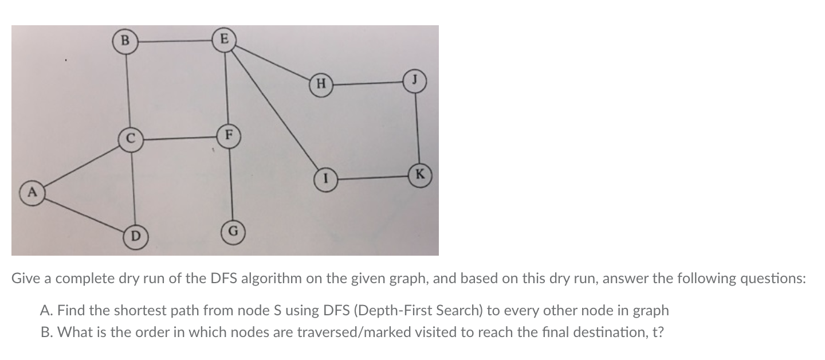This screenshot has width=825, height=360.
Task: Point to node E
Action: pos(224,40)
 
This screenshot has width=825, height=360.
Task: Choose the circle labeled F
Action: pos(229,136)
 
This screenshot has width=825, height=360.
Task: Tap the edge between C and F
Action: pos(179,138)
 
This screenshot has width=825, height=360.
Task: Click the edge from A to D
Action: pos(82,214)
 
